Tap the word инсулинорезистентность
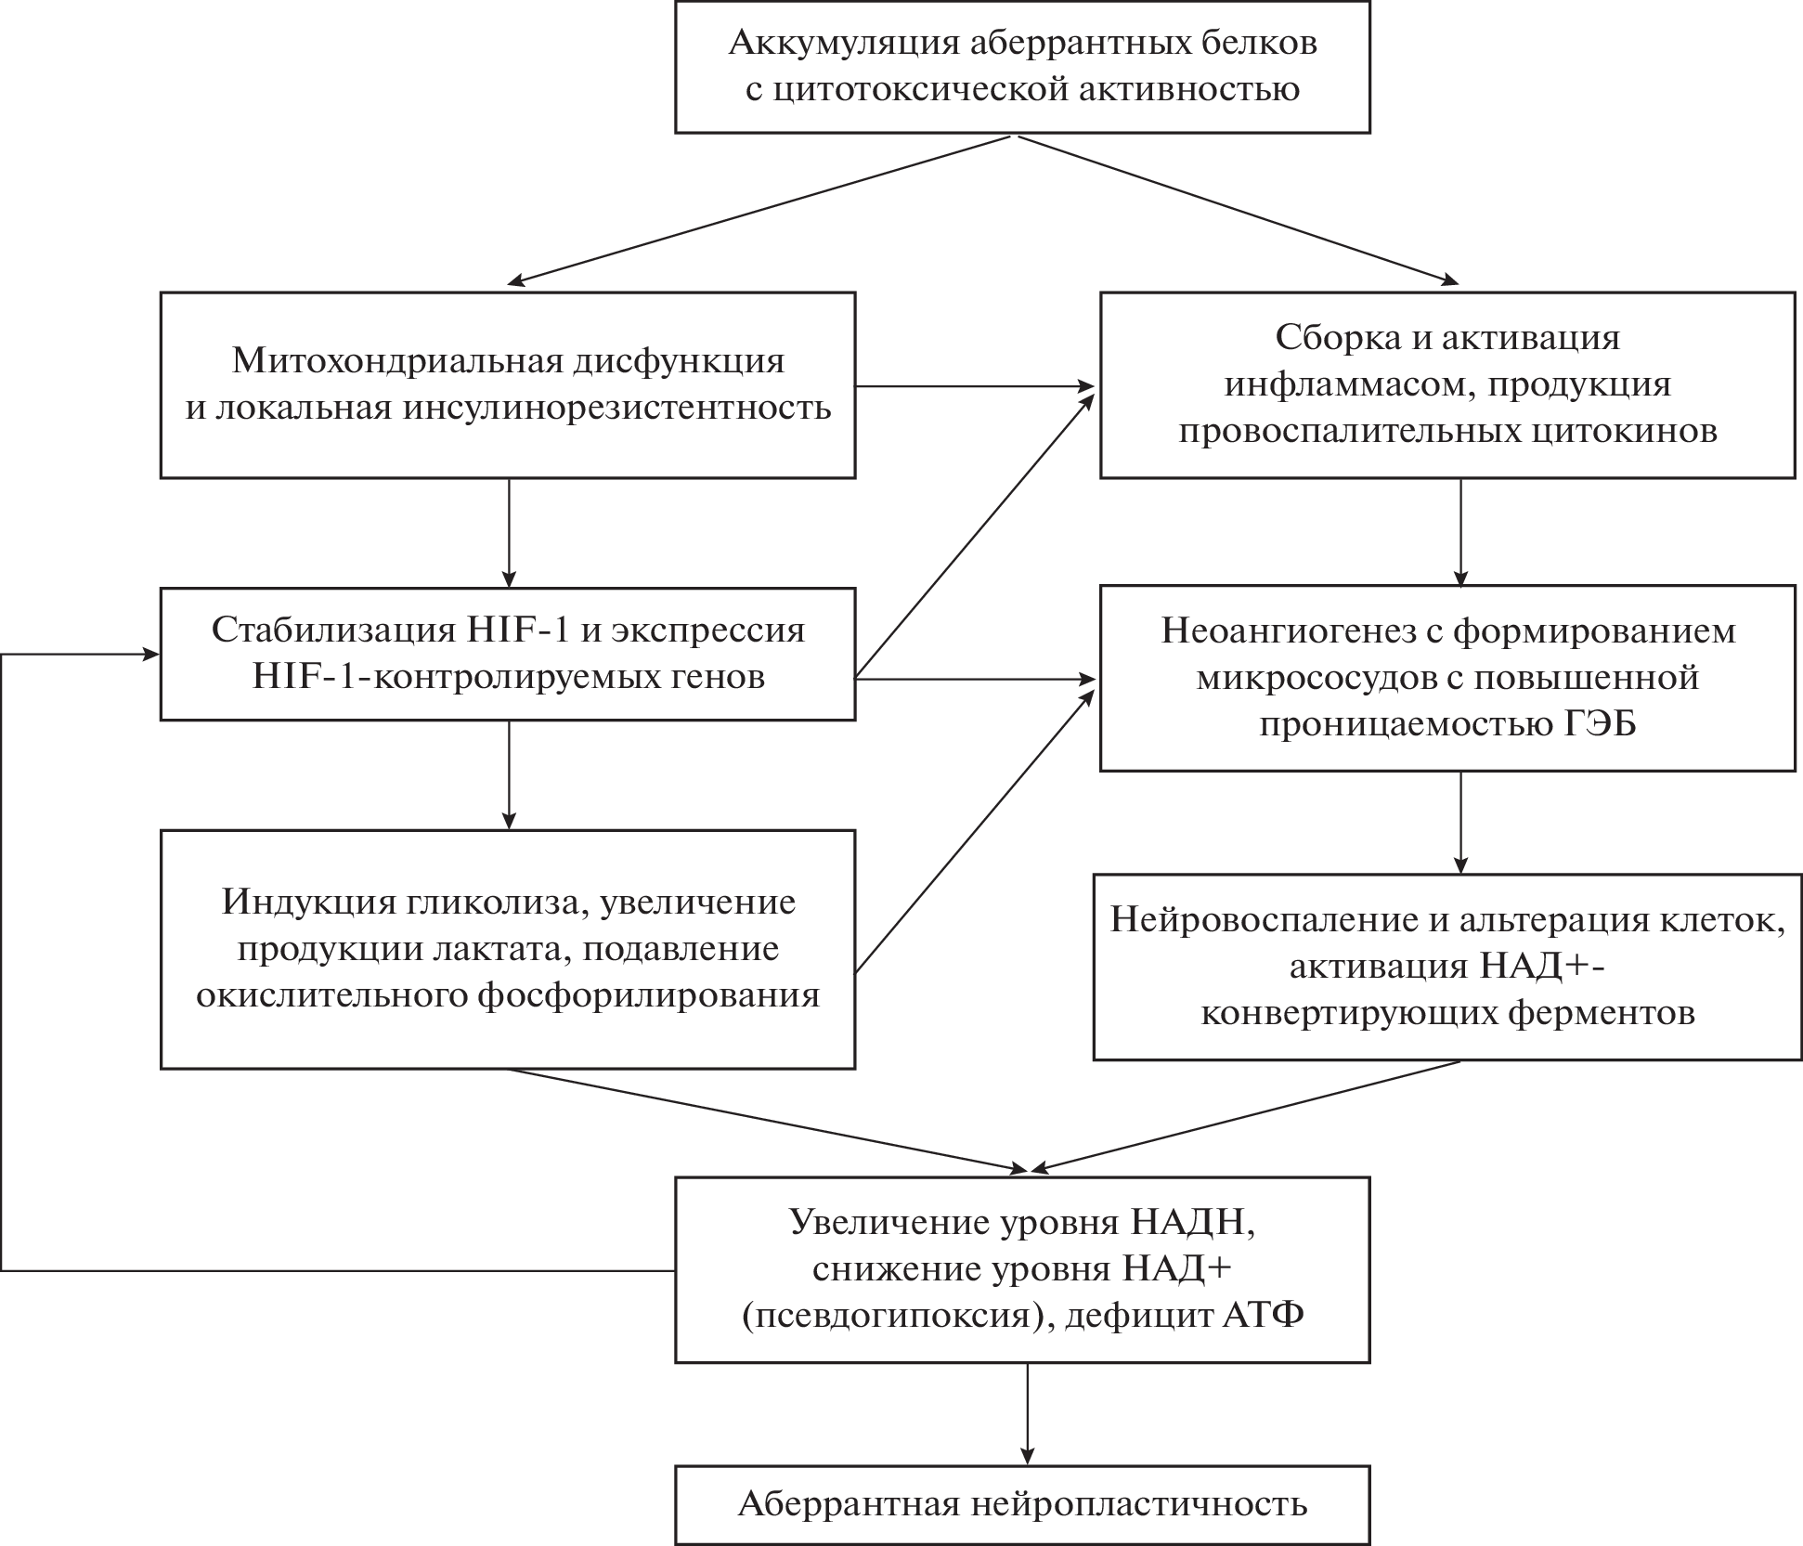[616, 408]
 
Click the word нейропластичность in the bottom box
[1139, 1504]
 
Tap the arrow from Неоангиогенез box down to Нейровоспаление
[1461, 822]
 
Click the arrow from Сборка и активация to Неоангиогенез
[1461, 531]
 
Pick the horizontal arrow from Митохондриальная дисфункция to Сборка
[975, 385]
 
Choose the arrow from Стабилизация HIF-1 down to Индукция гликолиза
[509, 773]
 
